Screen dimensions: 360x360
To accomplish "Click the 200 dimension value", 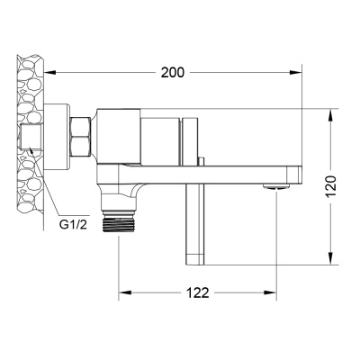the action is pyautogui.click(x=173, y=72).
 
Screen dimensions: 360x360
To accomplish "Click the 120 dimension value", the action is pyautogui.click(x=331, y=186).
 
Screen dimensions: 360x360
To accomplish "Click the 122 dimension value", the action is pyautogui.click(x=197, y=292).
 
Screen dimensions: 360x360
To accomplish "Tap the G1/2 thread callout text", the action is pyautogui.click(x=73, y=225).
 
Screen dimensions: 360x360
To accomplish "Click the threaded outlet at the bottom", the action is pyautogui.click(x=119, y=222).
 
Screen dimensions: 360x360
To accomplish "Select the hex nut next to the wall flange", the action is pyautogui.click(x=80, y=137).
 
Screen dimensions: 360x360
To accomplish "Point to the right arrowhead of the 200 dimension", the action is pyautogui.click(x=295, y=72).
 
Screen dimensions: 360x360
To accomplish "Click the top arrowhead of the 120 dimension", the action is pyautogui.click(x=331, y=115).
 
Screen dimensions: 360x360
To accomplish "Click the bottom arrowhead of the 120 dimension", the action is pyautogui.click(x=331, y=258).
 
